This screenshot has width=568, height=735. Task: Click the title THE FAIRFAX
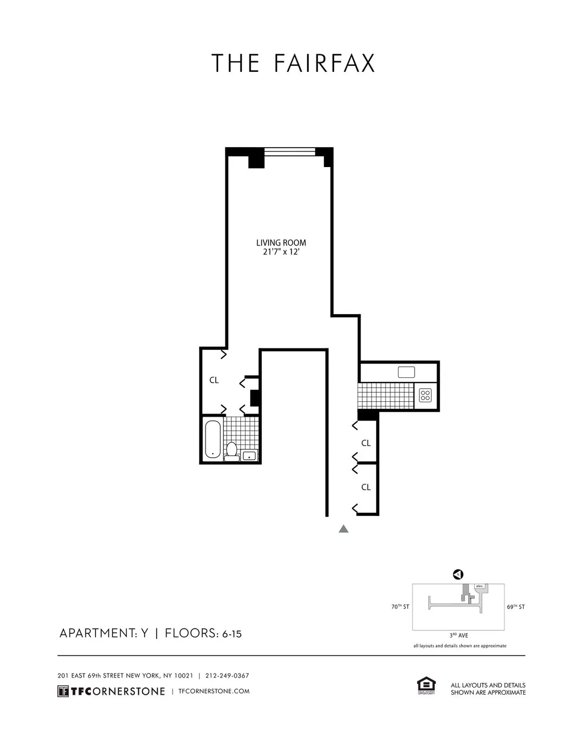(293, 63)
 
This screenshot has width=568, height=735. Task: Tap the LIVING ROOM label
(281, 243)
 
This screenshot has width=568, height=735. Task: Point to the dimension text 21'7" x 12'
(281, 253)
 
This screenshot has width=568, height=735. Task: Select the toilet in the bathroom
(232, 451)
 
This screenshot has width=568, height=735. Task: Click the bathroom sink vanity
(249, 456)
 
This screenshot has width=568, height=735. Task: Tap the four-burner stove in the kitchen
(425, 395)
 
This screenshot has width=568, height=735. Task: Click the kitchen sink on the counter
(406, 372)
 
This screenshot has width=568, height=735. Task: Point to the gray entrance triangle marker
(344, 529)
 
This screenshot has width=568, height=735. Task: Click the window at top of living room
(289, 151)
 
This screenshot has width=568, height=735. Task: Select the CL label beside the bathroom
(214, 380)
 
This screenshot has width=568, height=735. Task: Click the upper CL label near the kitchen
(366, 443)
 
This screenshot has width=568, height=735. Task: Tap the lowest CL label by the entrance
(366, 487)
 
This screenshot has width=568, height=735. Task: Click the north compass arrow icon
(458, 575)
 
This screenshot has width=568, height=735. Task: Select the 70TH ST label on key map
(400, 607)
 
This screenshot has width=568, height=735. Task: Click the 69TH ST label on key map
(515, 607)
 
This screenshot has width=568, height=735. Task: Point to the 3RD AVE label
(459, 636)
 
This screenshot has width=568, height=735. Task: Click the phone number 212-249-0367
(227, 676)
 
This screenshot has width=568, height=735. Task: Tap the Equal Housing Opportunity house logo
(426, 686)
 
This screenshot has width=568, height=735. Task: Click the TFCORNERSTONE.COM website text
(213, 691)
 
